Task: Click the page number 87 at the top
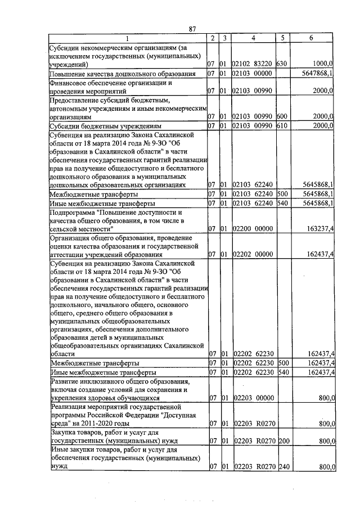(x=192, y=29)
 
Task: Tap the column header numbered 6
(x=311, y=38)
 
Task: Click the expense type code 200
(x=282, y=440)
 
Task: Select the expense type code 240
(x=282, y=466)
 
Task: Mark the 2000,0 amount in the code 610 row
(x=324, y=126)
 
